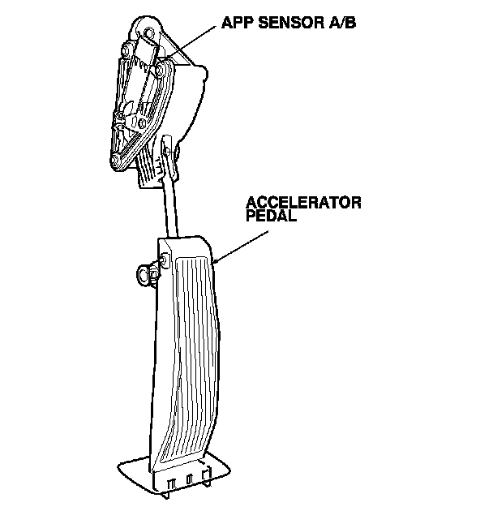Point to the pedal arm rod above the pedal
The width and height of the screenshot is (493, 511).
(x=170, y=207)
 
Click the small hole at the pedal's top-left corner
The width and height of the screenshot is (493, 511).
(x=165, y=260)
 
